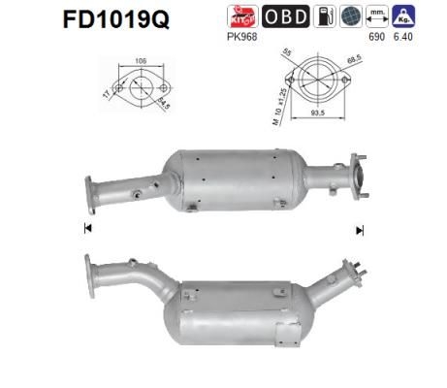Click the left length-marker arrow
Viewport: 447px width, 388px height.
click(x=88, y=230)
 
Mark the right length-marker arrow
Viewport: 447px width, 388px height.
click(x=360, y=230)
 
